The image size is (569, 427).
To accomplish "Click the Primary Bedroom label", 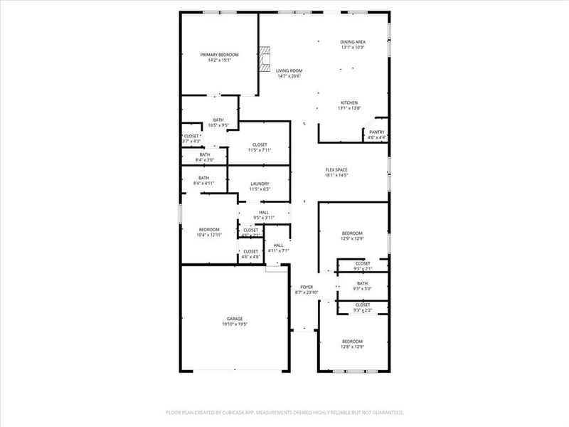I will [x=219, y=55].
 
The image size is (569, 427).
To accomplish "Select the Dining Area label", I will [x=352, y=42].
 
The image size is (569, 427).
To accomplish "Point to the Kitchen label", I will [x=349, y=102].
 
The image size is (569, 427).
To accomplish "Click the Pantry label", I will [x=377, y=132].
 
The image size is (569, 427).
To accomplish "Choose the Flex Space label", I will [x=336, y=169].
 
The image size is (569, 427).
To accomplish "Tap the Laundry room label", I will [x=259, y=184].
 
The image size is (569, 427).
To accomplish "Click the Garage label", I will [x=235, y=319].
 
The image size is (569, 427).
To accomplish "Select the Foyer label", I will [x=307, y=288].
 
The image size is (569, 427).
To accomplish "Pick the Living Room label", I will [x=289, y=70].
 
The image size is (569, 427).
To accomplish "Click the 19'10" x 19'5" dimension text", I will [x=235, y=324].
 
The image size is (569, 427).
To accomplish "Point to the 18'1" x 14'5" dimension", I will [x=336, y=175].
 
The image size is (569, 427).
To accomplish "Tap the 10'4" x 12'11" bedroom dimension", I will [x=208, y=234].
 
